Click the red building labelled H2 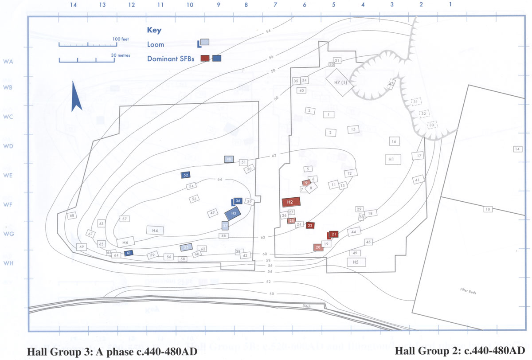click(x=291, y=202)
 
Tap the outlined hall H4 click(x=155, y=231)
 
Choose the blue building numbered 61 click(x=129, y=253)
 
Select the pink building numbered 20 click(x=318, y=247)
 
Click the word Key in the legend click(x=154, y=31)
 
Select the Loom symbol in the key click(x=203, y=43)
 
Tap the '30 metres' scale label click(x=120, y=56)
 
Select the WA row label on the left click(x=8, y=61)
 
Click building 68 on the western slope click(x=72, y=215)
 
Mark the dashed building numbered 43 click(x=391, y=84)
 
